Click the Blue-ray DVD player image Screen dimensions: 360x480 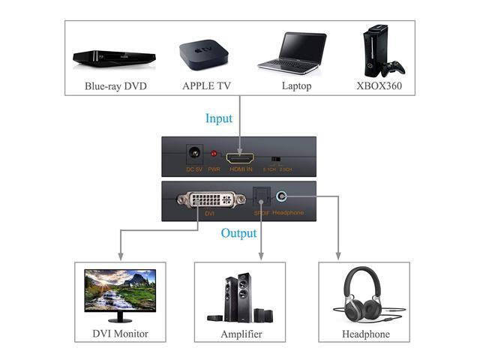114,56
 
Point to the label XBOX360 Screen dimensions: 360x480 380,86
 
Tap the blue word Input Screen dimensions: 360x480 219,118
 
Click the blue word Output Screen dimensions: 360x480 238,232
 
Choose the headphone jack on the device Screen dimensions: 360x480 280,196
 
